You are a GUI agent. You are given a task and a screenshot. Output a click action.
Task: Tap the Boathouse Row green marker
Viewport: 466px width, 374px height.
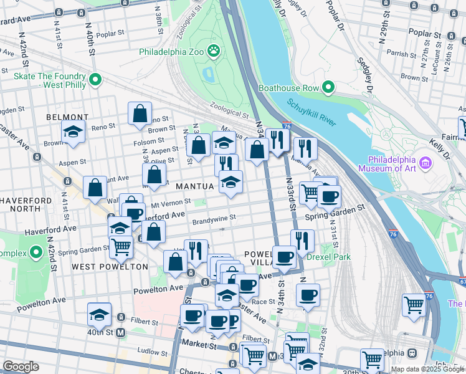[329, 88]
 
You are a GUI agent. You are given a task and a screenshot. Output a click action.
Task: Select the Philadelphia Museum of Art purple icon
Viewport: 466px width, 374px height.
[426, 163]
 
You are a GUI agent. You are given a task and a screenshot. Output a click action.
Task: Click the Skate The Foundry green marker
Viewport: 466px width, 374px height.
[95, 79]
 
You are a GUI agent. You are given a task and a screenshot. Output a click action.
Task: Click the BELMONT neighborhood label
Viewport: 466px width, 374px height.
[67, 117]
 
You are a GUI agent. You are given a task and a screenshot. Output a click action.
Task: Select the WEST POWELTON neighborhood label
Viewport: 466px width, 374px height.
[110, 267]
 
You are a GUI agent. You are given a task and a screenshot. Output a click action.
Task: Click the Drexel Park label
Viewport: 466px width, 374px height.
[332, 257]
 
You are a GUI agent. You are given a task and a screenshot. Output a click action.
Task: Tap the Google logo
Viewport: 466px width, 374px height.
[21, 367]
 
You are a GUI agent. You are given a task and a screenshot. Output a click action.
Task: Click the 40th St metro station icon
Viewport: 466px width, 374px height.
[121, 333]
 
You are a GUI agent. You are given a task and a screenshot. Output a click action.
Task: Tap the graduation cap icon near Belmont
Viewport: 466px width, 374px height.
[73, 132]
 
